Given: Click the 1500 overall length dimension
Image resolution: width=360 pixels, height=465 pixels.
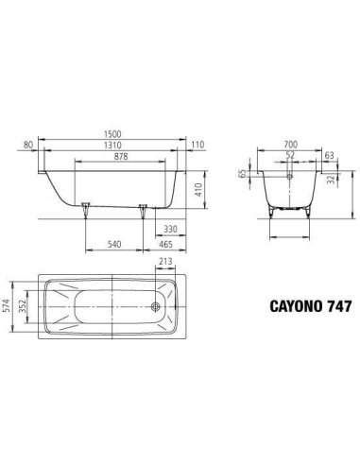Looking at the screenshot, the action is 112,134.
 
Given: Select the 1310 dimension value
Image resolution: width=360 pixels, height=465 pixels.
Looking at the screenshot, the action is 112,145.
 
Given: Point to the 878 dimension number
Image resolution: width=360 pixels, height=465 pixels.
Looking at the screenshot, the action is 121,156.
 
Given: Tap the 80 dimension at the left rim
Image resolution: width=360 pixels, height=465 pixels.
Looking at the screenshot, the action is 28,145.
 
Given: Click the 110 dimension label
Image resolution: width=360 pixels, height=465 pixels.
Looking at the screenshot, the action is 197,145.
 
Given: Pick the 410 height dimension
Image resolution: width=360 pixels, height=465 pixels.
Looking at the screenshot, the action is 198,190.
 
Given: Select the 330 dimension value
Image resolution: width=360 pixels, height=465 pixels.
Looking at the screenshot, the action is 170,229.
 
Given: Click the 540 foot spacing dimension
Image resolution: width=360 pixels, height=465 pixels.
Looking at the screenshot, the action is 114,244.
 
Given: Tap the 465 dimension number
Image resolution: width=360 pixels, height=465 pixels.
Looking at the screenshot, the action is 165,244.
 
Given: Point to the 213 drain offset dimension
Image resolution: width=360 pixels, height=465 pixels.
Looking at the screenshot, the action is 165,261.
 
